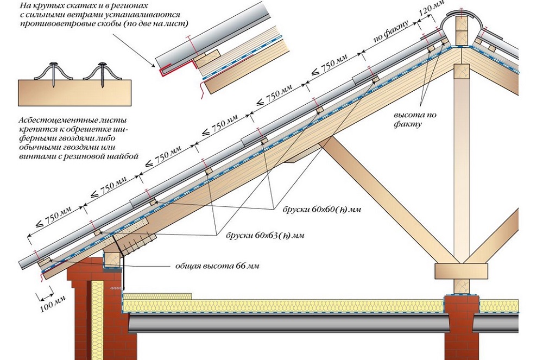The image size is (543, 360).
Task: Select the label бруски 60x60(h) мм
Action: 321,209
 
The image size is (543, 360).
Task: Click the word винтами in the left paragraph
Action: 33,155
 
